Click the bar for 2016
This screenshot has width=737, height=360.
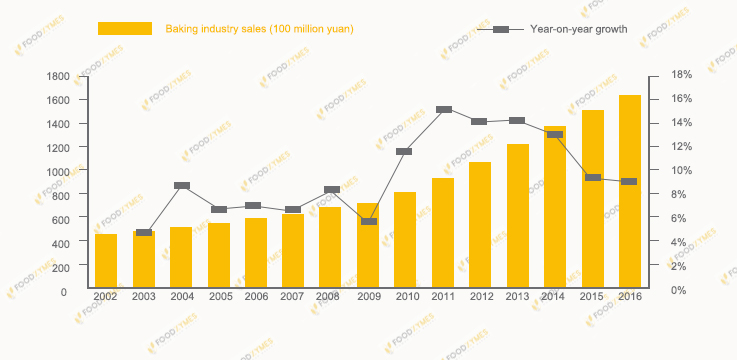click(630, 192)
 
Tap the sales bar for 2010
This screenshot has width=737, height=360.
click(405, 240)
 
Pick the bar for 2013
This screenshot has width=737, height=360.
click(518, 216)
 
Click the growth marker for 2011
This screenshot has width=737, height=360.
click(444, 110)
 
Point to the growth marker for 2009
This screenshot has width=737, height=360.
click(369, 221)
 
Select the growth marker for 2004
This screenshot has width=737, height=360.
click(182, 186)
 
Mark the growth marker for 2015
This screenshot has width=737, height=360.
click(593, 178)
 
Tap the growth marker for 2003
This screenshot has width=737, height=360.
click(144, 232)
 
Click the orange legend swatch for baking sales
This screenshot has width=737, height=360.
click(124, 29)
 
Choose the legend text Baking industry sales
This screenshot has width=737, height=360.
click(259, 29)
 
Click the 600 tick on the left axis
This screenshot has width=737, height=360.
click(61, 219)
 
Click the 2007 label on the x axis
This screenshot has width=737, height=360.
click(293, 297)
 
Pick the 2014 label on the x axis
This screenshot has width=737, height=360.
click(555, 297)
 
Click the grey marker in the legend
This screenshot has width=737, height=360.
click(501, 29)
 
